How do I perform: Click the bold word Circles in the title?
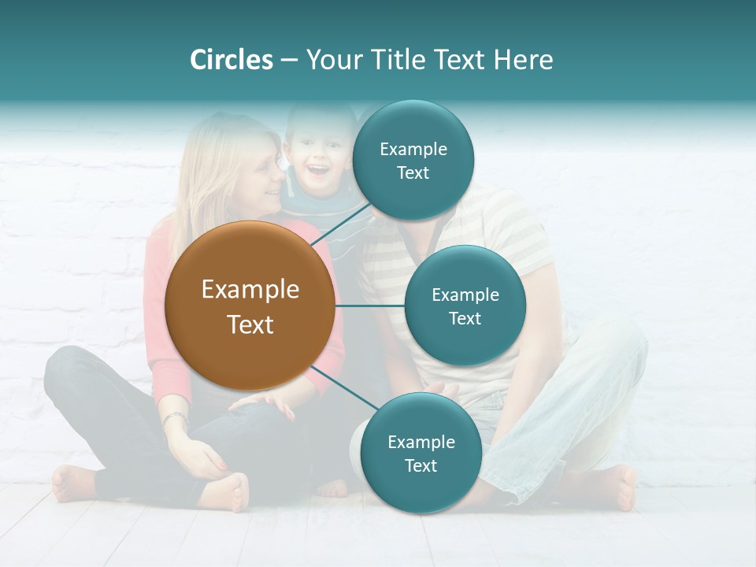(232, 60)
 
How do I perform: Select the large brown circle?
(250, 306)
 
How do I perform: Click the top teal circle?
(413, 161)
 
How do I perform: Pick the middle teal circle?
(465, 306)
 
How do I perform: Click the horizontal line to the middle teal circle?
(369, 306)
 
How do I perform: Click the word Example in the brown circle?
(250, 290)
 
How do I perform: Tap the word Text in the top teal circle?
(413, 173)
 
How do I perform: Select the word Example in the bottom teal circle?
(421, 442)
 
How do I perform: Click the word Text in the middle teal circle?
(465, 318)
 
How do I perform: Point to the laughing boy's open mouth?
(317, 169)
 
